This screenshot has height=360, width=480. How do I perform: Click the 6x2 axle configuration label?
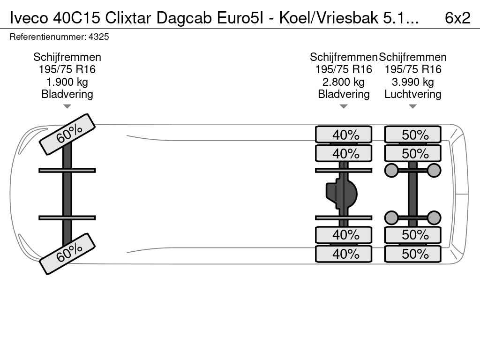point(457,17)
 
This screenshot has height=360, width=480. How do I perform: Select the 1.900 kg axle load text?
point(67,82)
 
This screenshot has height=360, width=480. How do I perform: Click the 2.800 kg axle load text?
point(343,82)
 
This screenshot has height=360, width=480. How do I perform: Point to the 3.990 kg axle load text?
point(412,82)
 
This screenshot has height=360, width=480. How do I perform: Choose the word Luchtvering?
point(412,94)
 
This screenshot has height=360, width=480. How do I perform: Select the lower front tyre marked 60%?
point(67,254)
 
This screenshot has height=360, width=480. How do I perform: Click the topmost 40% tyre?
point(344,135)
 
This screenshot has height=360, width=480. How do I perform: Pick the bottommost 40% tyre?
point(344,254)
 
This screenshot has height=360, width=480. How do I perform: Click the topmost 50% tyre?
point(413,135)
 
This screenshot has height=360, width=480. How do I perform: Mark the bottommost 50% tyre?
point(413,254)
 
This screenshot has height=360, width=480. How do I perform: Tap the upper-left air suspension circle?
point(391,170)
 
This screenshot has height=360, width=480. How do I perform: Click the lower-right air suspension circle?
point(435,217)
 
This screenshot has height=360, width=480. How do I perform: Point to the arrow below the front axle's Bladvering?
point(67,106)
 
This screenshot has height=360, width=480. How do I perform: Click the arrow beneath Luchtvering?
point(412,106)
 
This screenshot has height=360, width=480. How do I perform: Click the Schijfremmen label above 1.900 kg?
point(67,57)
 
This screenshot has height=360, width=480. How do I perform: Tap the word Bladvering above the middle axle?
point(344,94)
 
